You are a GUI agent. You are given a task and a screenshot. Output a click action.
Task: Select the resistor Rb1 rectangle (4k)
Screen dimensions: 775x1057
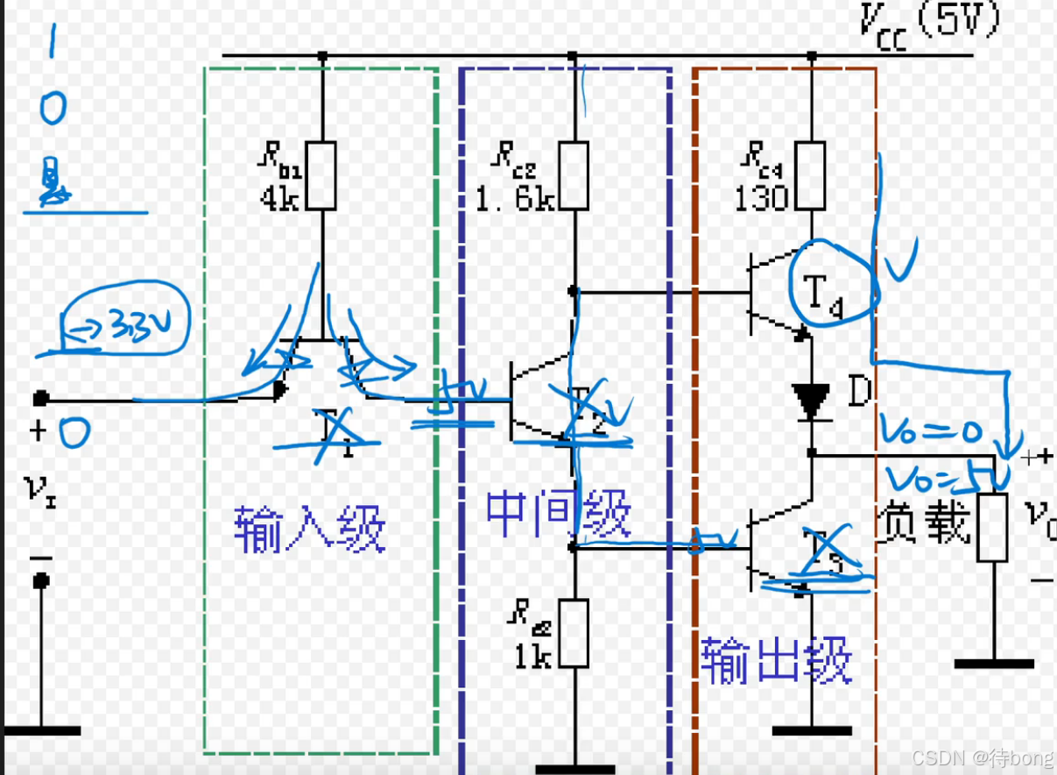pos(321,174)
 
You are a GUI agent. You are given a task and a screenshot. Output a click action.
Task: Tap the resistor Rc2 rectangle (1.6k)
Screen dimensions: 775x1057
pos(574,174)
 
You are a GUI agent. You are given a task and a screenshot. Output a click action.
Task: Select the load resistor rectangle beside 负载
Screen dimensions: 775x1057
pos(992,527)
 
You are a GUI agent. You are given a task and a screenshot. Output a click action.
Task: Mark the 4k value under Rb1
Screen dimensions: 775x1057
pos(280,199)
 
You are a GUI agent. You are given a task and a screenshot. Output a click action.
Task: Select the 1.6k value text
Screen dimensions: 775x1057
pos(514,199)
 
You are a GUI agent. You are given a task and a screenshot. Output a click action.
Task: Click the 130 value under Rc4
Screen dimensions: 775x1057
pos(761,199)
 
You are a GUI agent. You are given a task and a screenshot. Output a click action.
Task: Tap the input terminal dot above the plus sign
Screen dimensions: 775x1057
pos(40,399)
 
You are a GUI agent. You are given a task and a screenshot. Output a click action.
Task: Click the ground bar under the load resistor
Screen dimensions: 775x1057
pos(993,664)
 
